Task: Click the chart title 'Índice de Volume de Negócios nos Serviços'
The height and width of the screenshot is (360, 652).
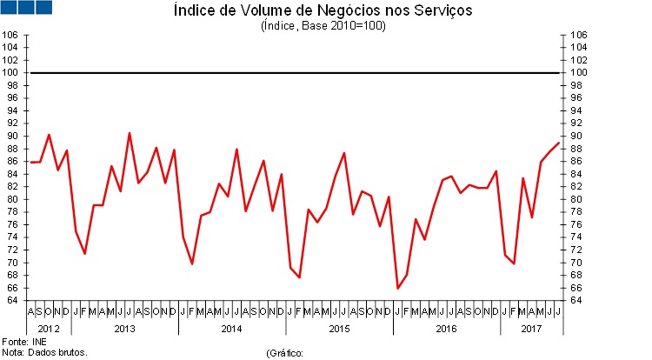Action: (323, 11)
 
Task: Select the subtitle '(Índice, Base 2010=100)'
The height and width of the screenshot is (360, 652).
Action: (323, 26)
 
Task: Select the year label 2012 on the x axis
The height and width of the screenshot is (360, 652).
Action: (49, 329)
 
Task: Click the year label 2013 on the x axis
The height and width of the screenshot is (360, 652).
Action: (124, 329)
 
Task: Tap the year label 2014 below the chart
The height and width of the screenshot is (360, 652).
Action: (231, 329)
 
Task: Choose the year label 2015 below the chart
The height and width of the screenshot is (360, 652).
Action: (339, 329)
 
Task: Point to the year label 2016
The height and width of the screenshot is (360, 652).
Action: (446, 329)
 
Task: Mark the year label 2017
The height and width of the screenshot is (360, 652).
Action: (531, 329)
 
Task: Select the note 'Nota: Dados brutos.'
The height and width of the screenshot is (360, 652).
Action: (44, 353)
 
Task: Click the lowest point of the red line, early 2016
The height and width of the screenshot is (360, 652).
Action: (397, 288)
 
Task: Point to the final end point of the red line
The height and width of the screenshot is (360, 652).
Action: (558, 143)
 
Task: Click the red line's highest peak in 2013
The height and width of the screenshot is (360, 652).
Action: (130, 133)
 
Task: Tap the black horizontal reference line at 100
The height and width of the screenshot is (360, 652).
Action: (296, 72)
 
